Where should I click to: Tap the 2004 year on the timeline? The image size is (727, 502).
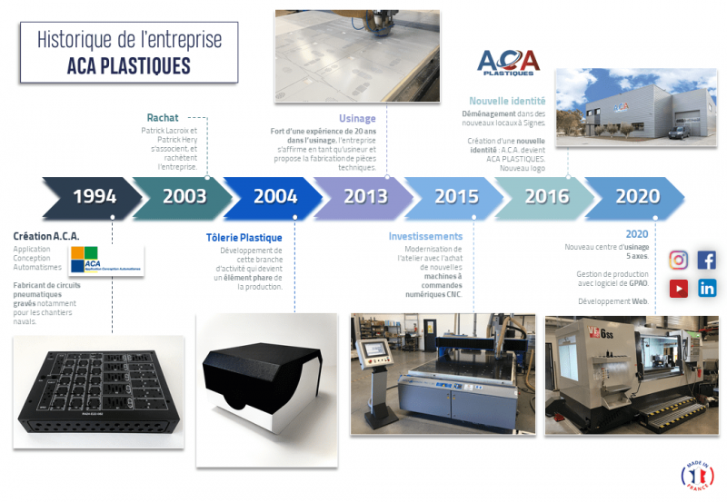275,196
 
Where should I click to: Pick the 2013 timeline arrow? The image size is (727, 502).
365,196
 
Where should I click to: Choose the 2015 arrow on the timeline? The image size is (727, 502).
456,196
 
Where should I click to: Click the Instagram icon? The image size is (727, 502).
678,260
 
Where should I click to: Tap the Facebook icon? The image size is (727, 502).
707,260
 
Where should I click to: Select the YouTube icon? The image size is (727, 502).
678,289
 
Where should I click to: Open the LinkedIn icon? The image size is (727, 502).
707,289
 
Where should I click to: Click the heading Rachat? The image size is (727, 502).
163,117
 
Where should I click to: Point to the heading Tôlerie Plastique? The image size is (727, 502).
244,238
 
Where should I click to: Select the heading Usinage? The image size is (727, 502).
357,117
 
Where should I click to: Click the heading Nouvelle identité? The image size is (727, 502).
507,101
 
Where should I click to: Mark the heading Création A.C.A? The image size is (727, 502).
46,235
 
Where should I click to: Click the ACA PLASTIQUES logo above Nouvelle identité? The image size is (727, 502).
508,63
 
